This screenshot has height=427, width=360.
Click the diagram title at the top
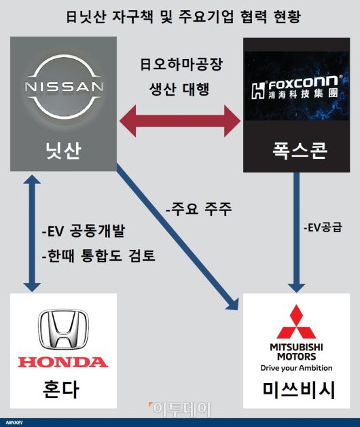(x=180, y=15)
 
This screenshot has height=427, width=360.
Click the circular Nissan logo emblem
(x=65, y=87)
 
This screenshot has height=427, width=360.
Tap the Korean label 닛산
(x=64, y=151)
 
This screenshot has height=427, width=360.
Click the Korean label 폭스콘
(x=294, y=151)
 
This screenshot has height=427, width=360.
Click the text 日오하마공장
(x=181, y=66)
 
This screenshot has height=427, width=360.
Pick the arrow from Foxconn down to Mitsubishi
(x=295, y=231)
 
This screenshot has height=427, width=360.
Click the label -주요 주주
(x=199, y=208)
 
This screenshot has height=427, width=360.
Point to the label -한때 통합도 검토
(x=98, y=256)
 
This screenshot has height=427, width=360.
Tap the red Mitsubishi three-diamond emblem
(x=296, y=322)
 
